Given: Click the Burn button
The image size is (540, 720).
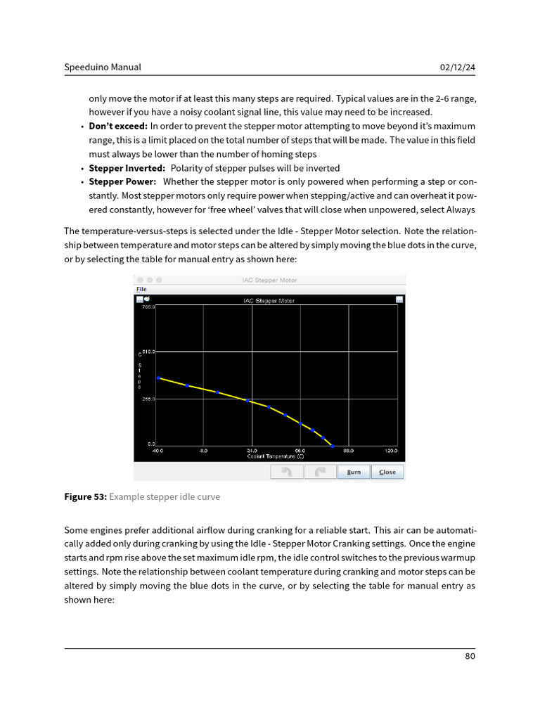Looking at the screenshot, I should click(354, 472).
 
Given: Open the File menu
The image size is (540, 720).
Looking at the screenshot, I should click(141, 289).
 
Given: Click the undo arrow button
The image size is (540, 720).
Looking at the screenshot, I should click(287, 472).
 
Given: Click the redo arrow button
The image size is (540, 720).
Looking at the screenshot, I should click(320, 472).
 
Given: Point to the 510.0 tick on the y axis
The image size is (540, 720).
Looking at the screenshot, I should click(148, 351).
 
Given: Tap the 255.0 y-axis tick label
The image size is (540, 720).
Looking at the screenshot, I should click(148, 399).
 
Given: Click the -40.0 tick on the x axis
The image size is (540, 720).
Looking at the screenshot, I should click(157, 451).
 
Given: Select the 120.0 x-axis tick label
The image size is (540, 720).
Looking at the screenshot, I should click(391, 451).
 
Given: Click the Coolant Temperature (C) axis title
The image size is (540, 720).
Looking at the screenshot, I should click(275, 456).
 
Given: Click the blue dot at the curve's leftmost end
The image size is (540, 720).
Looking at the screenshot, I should click(158, 378).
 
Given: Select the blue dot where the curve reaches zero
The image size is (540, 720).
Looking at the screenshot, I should click(333, 446).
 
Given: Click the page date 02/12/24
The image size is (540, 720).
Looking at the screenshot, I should click(458, 67).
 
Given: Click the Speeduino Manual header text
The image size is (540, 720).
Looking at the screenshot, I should click(103, 67).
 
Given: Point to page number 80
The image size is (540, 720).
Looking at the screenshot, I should click(470, 657).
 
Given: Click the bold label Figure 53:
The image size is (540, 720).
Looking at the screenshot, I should click(85, 497).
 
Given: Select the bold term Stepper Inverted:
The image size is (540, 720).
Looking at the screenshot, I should click(127, 168).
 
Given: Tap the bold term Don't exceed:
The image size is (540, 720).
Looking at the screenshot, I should click(118, 127).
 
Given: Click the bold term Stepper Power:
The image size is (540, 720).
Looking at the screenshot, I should click(122, 182).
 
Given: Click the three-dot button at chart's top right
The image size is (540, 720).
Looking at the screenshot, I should click(399, 300).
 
